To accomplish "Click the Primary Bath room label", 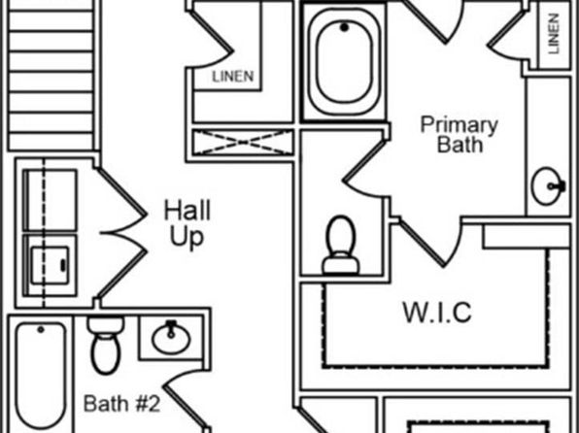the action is click(x=460, y=134).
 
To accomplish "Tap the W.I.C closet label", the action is click(x=437, y=313).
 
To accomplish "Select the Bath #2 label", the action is click(x=121, y=404).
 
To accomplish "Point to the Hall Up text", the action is click(x=187, y=223).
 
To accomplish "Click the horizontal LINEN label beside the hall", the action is click(x=233, y=77).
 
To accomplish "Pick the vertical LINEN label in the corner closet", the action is click(x=553, y=34).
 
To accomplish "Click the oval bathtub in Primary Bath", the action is click(x=344, y=61).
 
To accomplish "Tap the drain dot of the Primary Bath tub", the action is click(x=344, y=27).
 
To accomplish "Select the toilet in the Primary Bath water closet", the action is click(x=340, y=245).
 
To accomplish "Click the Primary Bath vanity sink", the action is click(x=548, y=186).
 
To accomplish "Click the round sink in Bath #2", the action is click(x=171, y=338).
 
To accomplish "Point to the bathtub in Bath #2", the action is click(x=41, y=375).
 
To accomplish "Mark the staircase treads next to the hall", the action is click(x=51, y=76).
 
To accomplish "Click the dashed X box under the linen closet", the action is click(x=243, y=142).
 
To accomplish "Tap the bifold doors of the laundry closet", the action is click(x=121, y=233).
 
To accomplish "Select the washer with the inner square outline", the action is click(x=51, y=265).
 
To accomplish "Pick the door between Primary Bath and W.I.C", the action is click(x=430, y=242).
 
